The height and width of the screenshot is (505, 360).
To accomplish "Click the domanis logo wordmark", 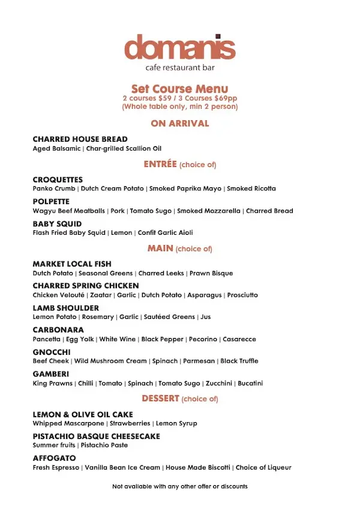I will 179,47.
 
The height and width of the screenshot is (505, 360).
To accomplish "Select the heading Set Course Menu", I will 179,89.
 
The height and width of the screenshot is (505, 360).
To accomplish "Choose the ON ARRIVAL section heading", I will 179,124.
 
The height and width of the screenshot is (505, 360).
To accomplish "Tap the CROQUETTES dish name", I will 58,180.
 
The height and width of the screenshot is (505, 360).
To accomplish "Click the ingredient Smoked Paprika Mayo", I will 185,189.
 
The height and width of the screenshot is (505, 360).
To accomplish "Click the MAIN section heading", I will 160,248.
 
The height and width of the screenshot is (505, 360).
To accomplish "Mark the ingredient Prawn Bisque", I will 211,273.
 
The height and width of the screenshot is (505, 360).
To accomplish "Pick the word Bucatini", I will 250,383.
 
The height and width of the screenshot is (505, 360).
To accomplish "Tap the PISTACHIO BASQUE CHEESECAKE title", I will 96,437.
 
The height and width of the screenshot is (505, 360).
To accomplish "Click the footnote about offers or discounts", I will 179,486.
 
